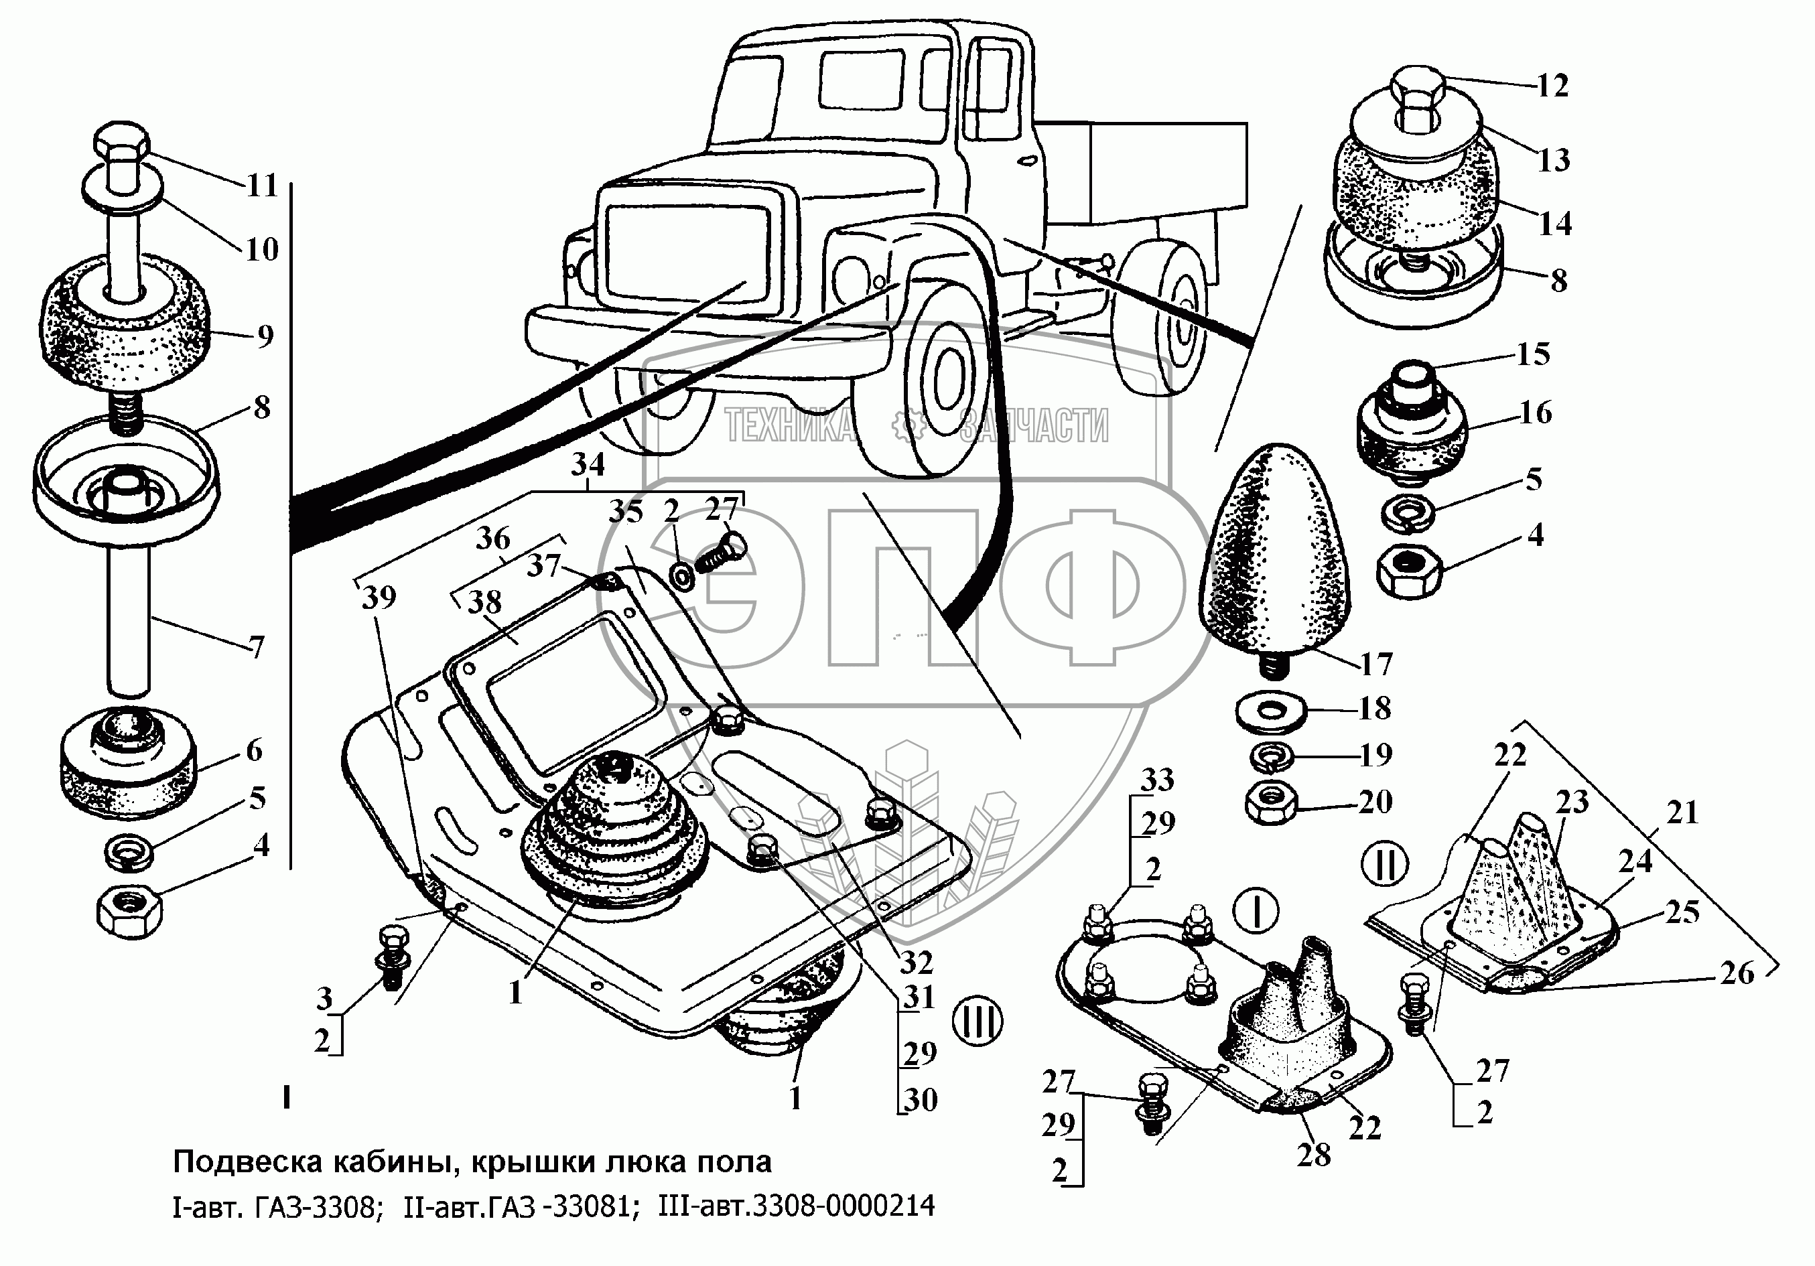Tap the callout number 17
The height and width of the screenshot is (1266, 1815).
coord(1375,664)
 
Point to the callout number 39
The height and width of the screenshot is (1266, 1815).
coord(379,598)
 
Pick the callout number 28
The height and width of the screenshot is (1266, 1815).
coord(1314,1155)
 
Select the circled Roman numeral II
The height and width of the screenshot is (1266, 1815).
coord(1385,863)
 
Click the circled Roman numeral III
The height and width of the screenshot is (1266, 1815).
coord(978,1021)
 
